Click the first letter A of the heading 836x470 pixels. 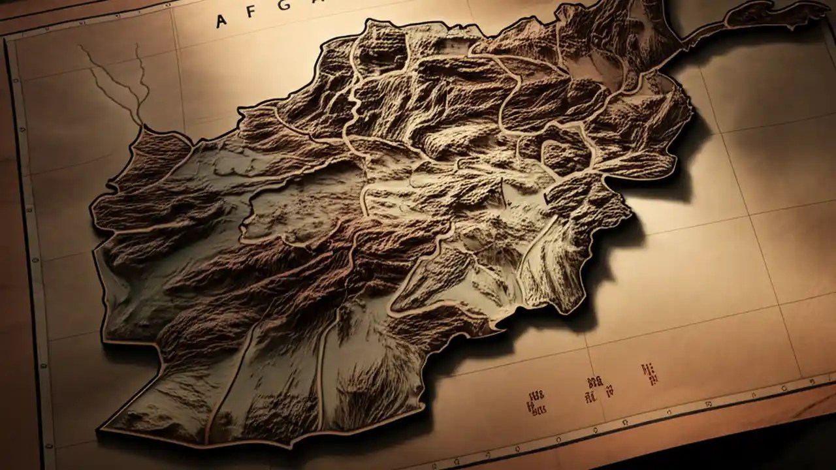click(221, 20)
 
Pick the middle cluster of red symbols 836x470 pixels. click(594, 388)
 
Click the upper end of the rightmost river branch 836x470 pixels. click(137, 46)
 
